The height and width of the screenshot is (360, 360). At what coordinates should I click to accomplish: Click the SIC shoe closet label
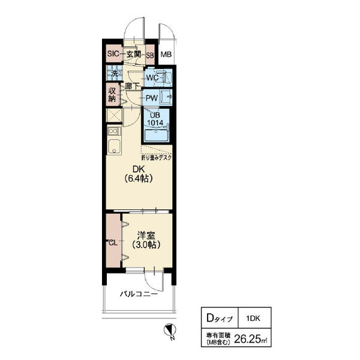(x=113, y=54)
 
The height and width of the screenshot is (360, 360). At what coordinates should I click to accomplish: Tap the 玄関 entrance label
(x=134, y=54)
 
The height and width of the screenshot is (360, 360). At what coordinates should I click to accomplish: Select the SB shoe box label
(x=150, y=55)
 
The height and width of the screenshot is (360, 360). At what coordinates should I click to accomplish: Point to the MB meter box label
(x=166, y=55)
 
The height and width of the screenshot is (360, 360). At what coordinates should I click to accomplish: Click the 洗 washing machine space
(x=115, y=73)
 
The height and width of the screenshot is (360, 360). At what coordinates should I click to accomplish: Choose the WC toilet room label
(x=152, y=77)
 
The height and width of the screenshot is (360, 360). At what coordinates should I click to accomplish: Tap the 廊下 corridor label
(x=132, y=86)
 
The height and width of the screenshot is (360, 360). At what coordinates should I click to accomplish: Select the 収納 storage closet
(x=112, y=95)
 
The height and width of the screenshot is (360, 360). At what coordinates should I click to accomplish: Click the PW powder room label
(x=152, y=98)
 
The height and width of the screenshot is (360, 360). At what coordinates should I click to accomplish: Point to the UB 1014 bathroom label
(x=155, y=119)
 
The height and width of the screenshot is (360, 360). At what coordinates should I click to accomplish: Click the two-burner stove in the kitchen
(x=114, y=131)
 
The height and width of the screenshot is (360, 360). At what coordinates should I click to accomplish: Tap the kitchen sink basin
(x=114, y=146)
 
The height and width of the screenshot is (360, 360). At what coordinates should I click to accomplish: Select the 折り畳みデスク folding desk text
(x=157, y=157)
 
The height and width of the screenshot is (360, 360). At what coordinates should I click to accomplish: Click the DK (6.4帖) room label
(x=139, y=174)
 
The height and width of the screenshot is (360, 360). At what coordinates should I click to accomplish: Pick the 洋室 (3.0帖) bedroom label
(x=146, y=240)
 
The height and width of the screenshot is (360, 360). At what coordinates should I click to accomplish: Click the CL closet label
(x=113, y=243)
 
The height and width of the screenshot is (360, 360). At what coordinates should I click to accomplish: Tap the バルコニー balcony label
(x=139, y=294)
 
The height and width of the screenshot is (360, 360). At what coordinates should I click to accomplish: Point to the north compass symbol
(x=170, y=331)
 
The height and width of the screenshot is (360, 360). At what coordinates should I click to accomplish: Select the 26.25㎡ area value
(x=250, y=339)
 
